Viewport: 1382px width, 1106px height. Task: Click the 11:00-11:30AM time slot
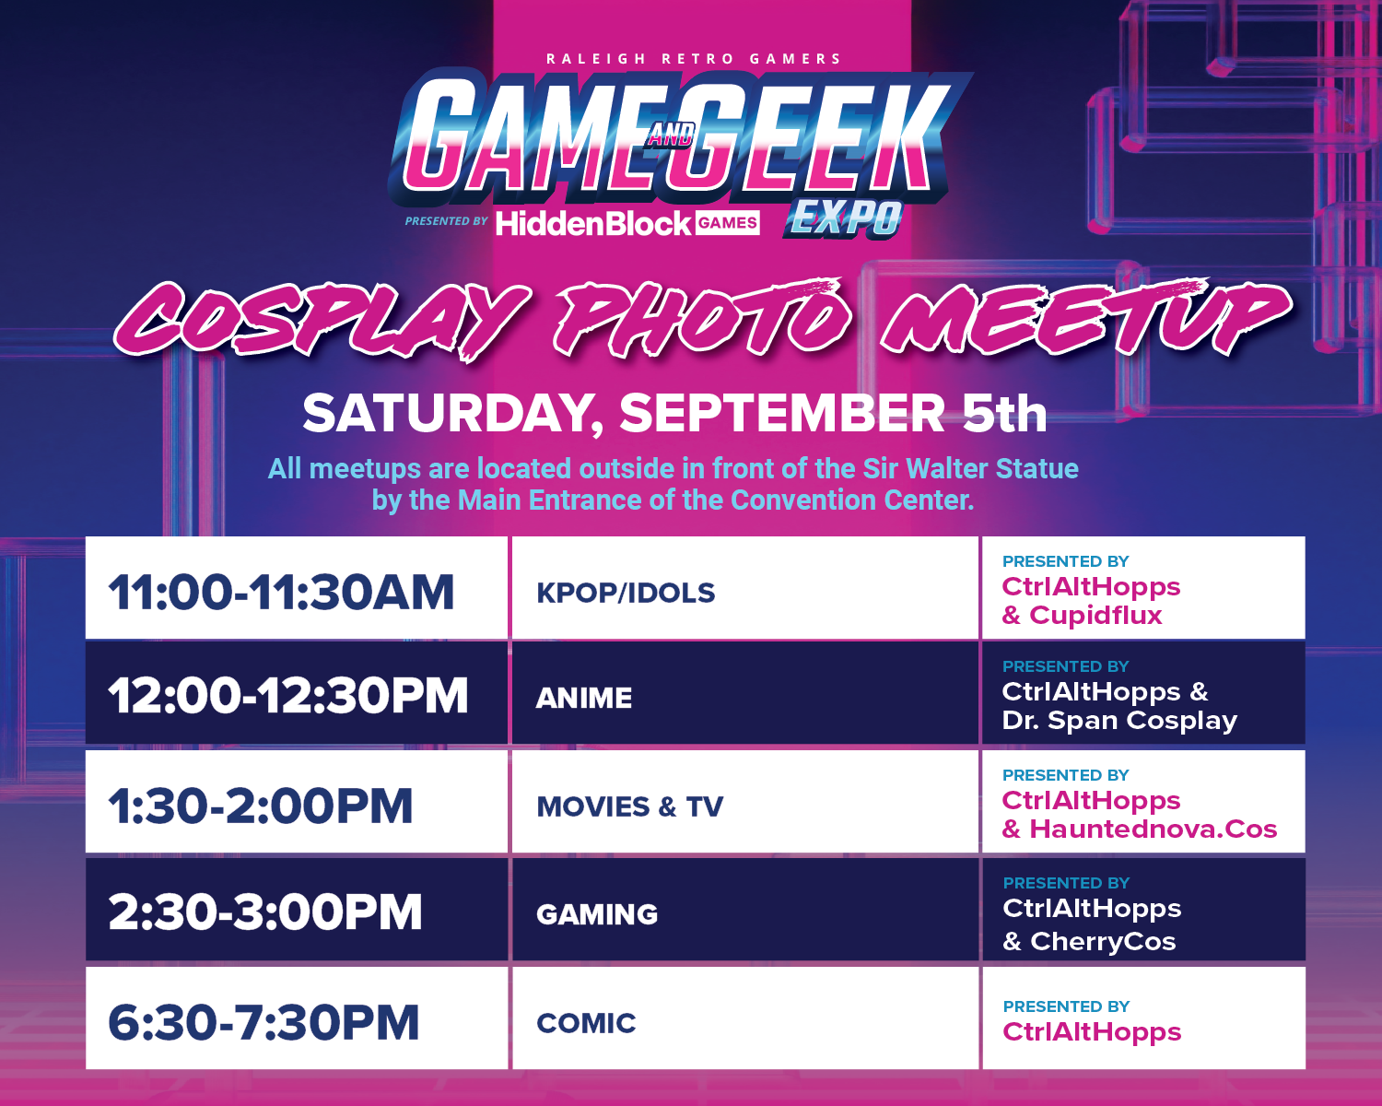(x=281, y=592)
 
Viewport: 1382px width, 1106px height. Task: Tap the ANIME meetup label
(x=584, y=698)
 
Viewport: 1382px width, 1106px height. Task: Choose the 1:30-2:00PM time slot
(x=260, y=806)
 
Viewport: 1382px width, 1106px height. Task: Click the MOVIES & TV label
(x=630, y=806)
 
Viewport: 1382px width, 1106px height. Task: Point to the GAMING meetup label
(x=597, y=914)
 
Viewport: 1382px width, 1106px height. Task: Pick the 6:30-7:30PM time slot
(x=264, y=1022)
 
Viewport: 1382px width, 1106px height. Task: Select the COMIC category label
(x=586, y=1023)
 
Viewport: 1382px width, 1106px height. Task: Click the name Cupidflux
(x=1095, y=616)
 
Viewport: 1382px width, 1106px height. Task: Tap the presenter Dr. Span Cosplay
(x=1119, y=721)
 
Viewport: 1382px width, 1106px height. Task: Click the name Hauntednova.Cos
(x=1154, y=829)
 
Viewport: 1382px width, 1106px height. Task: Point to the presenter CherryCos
(x=1103, y=941)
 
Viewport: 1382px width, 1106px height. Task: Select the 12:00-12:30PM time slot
(x=287, y=696)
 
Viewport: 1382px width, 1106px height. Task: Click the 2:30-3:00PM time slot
(x=264, y=912)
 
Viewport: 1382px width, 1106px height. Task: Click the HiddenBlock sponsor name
(x=593, y=224)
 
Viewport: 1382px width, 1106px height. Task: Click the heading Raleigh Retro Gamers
(x=693, y=59)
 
